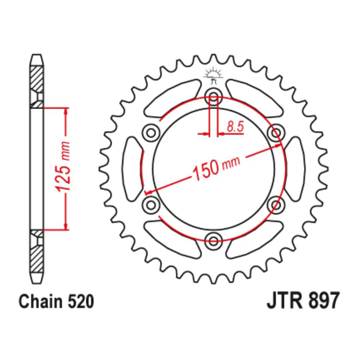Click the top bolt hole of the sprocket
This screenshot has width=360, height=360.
(213, 97)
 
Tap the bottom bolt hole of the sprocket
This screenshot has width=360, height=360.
(213, 238)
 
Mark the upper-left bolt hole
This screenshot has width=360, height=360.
(151, 132)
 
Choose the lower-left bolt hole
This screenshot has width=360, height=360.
(151, 204)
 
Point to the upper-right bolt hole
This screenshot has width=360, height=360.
(274, 132)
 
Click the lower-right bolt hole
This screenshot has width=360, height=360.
(274, 204)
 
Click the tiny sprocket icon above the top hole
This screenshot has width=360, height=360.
(213, 75)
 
